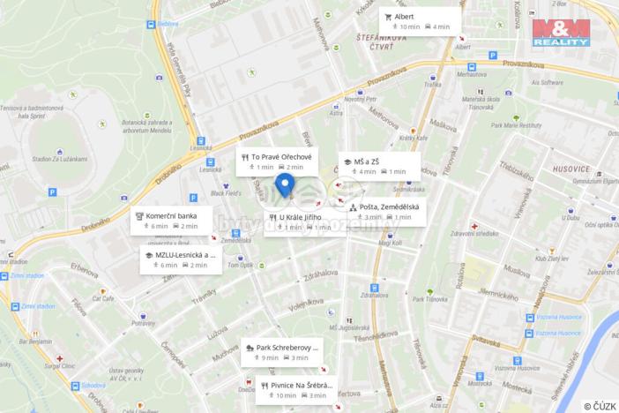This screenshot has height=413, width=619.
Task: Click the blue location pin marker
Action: pos(285,184)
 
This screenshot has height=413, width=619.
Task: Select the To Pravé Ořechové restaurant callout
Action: pos(274,161)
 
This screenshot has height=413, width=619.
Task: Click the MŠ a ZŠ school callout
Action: pos(379,166)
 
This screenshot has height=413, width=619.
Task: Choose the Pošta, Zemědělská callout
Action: pos(385,211)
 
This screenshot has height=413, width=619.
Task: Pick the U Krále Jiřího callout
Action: pos(304,222)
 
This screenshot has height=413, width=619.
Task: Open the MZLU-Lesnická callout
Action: pos(182,259)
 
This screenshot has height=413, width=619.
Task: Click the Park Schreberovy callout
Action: pos(283,351)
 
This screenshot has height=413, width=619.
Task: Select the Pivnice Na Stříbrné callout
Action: pos(297,389)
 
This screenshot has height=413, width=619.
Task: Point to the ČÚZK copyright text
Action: pos(600,406)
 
